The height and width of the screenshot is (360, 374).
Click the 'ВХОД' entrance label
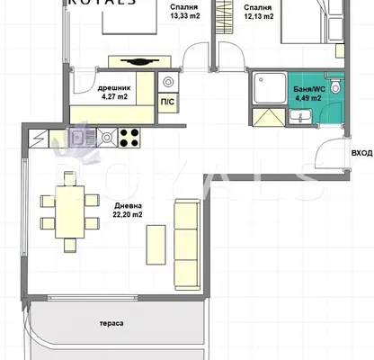click(x=361, y=153)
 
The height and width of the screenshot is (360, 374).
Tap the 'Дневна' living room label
click(x=128, y=206)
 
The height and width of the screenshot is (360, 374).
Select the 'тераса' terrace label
click(x=111, y=323)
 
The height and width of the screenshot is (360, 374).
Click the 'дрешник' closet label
click(x=114, y=88)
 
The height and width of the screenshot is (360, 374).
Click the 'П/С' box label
click(x=167, y=102)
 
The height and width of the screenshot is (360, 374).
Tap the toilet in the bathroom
click(x=335, y=85)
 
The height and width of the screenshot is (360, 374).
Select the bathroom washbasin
click(x=300, y=116)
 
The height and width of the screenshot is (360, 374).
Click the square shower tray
click(x=270, y=88)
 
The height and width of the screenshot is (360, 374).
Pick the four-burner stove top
click(x=129, y=138)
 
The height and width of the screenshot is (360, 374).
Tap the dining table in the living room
click(x=70, y=211)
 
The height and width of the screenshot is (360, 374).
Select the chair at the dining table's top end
click(x=70, y=178)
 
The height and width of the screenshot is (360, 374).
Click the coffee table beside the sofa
click(x=156, y=245)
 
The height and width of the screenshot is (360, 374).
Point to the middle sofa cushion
click(x=186, y=245)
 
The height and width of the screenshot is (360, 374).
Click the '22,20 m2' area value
click(x=128, y=215)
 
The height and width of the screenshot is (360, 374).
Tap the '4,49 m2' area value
click(x=308, y=98)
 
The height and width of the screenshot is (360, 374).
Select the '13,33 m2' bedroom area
click(x=185, y=16)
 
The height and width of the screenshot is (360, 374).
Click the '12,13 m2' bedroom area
click(x=259, y=16)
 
